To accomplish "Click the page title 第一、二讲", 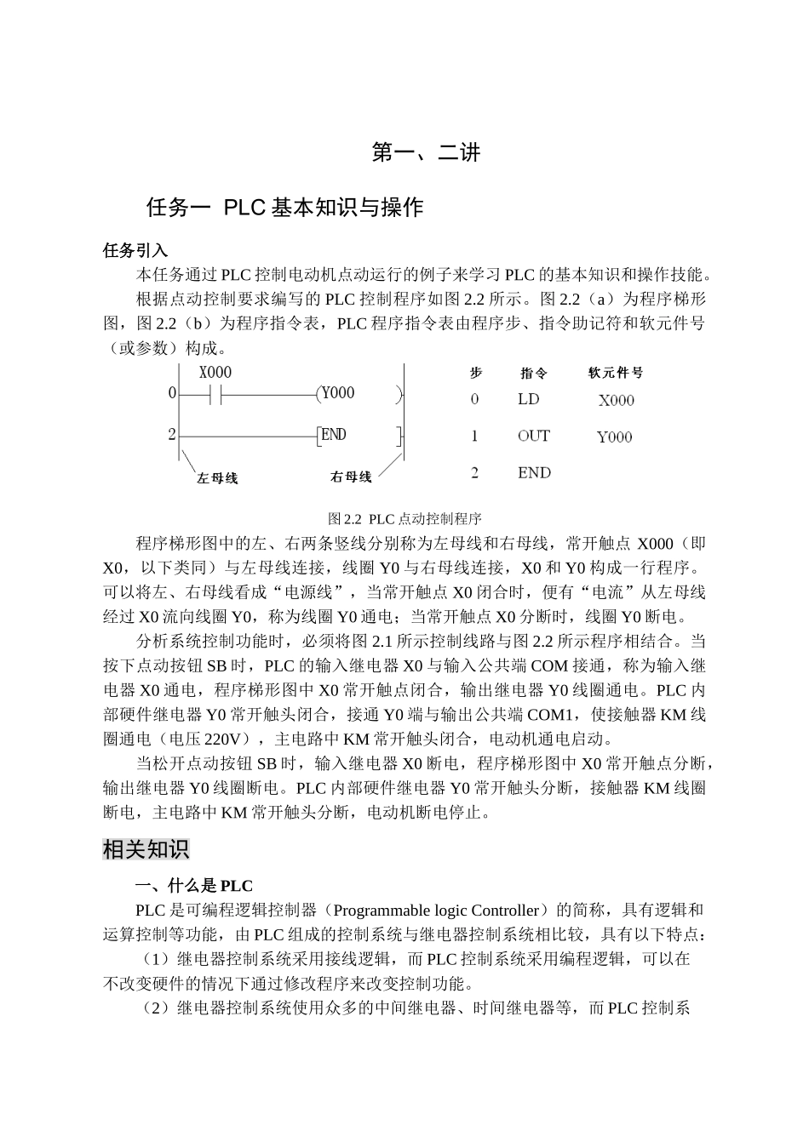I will [x=427, y=153].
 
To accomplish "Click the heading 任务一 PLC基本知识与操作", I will [x=284, y=208].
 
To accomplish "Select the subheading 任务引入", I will [x=135, y=251].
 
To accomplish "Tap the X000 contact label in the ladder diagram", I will [x=215, y=373].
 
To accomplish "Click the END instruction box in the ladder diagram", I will [x=334, y=435].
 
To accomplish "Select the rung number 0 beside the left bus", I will [x=172, y=393].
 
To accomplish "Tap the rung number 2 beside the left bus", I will [x=172, y=435].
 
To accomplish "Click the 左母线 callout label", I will [x=217, y=478].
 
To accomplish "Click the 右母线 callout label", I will [x=351, y=477].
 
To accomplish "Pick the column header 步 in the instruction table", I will [x=476, y=373].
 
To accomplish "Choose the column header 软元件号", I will [x=616, y=373].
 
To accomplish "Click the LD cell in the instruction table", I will [x=528, y=399].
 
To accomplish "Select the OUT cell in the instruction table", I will [x=533, y=436].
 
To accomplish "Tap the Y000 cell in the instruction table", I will [x=614, y=437].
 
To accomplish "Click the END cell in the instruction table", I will [x=534, y=473].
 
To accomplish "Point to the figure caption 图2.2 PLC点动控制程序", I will [x=404, y=518].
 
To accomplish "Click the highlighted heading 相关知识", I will [x=146, y=849].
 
